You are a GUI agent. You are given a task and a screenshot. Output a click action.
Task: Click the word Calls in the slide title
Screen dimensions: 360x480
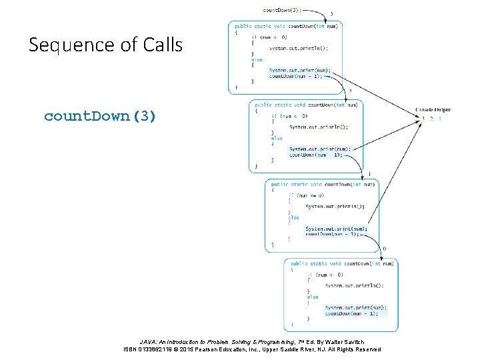pos(161,45)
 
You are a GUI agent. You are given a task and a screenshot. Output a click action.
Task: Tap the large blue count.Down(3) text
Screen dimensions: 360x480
pos(100,117)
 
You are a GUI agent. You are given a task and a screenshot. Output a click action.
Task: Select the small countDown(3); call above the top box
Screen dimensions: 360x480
pos(283,10)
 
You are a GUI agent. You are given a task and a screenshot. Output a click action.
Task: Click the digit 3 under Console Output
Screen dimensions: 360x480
pos(423,119)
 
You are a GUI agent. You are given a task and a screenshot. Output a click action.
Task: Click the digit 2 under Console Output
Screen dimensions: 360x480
pos(431,119)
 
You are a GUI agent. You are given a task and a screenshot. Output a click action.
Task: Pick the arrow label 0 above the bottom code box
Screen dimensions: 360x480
pos(384,249)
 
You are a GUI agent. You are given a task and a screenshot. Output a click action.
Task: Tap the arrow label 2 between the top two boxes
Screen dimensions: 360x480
pos(351,91)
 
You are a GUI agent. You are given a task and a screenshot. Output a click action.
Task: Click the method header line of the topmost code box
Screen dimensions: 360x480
pos(287,26)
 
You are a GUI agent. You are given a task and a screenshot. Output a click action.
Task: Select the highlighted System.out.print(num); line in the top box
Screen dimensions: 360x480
pos(300,70)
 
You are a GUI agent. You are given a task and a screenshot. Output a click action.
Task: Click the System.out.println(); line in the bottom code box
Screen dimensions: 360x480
pos(355,285)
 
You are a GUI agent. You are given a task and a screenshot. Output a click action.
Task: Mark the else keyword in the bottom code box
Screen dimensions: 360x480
pos(313,297)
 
